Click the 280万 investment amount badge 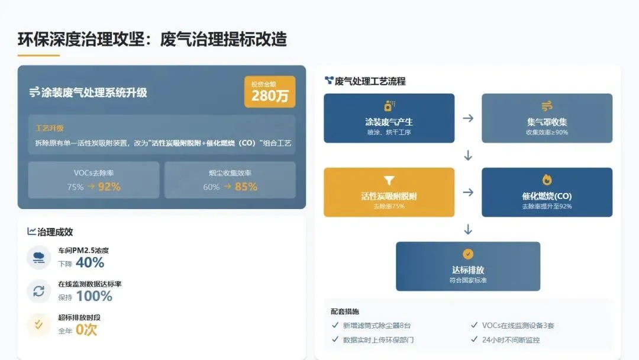[270, 92]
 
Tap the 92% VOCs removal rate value [109, 187]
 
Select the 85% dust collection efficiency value [246, 187]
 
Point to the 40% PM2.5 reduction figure [90, 262]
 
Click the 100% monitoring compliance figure [94, 295]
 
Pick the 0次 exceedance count [86, 329]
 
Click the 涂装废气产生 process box [389, 118]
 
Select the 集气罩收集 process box [547, 118]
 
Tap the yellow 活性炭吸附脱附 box [389, 192]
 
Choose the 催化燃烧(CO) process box [547, 192]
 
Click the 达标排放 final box [467, 266]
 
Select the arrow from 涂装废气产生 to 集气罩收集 [468, 118]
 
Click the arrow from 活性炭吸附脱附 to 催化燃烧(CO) [468, 192]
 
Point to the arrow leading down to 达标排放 [468, 229]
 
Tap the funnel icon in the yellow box [389, 181]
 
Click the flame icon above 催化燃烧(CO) [547, 180]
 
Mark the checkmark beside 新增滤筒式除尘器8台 [335, 325]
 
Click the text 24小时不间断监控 [511, 340]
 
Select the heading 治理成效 [55, 232]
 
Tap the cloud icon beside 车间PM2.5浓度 [38, 258]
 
